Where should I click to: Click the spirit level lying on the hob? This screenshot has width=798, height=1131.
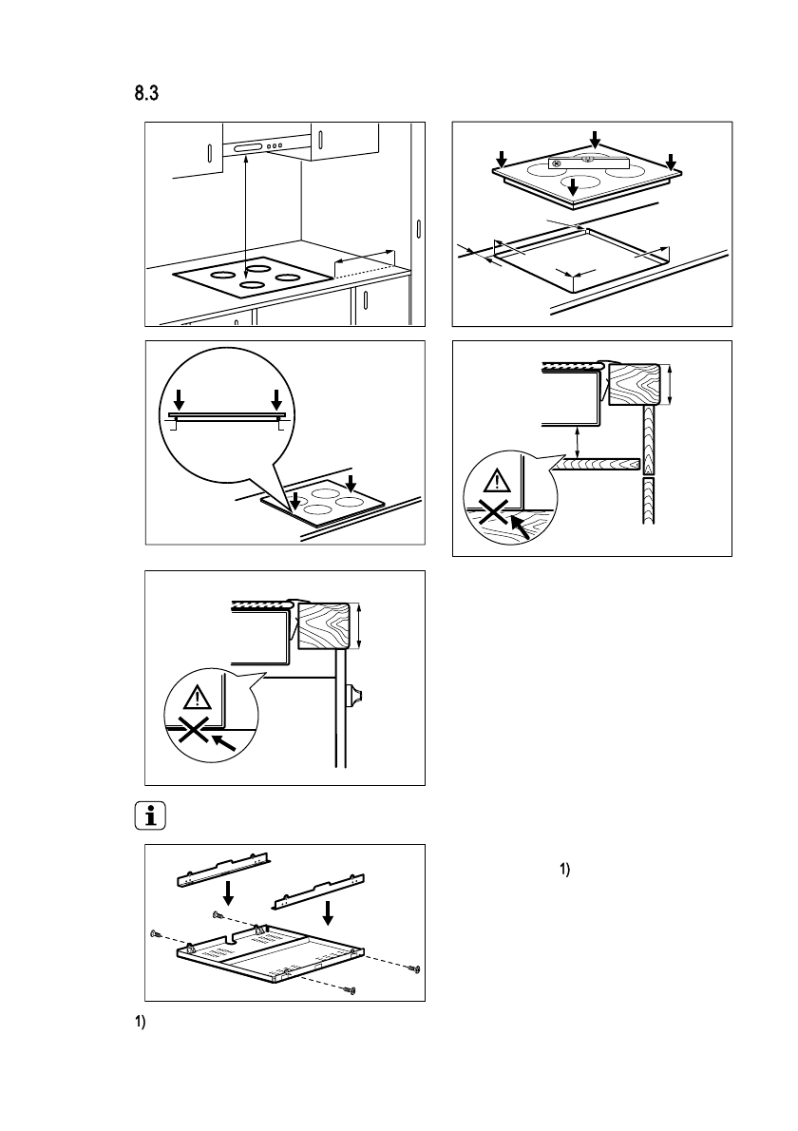589,163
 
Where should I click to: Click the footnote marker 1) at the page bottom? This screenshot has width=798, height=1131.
136,1026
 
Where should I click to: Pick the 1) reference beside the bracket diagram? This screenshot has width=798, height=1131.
563,870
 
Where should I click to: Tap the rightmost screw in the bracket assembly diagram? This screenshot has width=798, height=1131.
414,968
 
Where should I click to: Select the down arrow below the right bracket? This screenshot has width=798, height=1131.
328,912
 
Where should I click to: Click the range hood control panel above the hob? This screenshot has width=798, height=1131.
260,148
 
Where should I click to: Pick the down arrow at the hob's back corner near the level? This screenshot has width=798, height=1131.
595,139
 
